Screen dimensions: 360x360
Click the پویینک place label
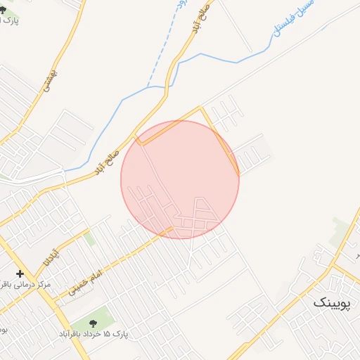pos(330,302)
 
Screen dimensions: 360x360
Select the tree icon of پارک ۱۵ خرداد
pos(94,323)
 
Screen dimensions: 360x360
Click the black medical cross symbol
pos(20,274)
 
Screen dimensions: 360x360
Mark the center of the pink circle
pos(180,179)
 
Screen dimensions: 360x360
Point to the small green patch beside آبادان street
pos(89,239)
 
